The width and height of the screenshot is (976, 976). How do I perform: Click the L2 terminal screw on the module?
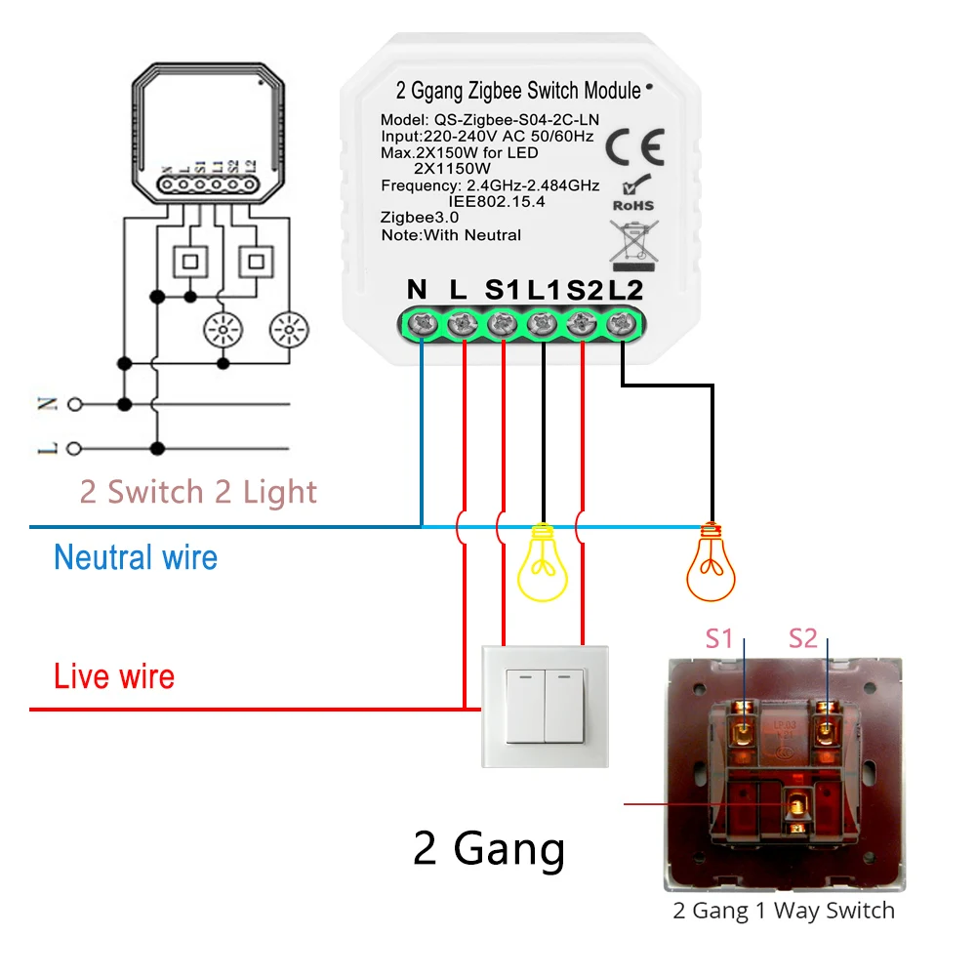click(620, 324)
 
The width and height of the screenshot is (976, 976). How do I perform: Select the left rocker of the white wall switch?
click(522, 705)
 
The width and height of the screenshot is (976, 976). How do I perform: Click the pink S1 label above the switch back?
click(719, 639)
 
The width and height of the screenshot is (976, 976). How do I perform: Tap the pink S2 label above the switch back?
click(802, 639)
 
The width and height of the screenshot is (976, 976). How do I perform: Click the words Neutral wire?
click(136, 558)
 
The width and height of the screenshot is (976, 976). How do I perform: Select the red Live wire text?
click(114, 676)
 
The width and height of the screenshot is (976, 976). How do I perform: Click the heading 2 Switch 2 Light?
click(198, 492)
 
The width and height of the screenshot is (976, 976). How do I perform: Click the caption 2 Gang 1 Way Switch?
click(784, 912)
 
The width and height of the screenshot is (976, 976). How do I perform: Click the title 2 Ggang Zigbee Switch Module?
click(517, 92)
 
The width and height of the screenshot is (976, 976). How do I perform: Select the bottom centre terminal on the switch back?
click(794, 807)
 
